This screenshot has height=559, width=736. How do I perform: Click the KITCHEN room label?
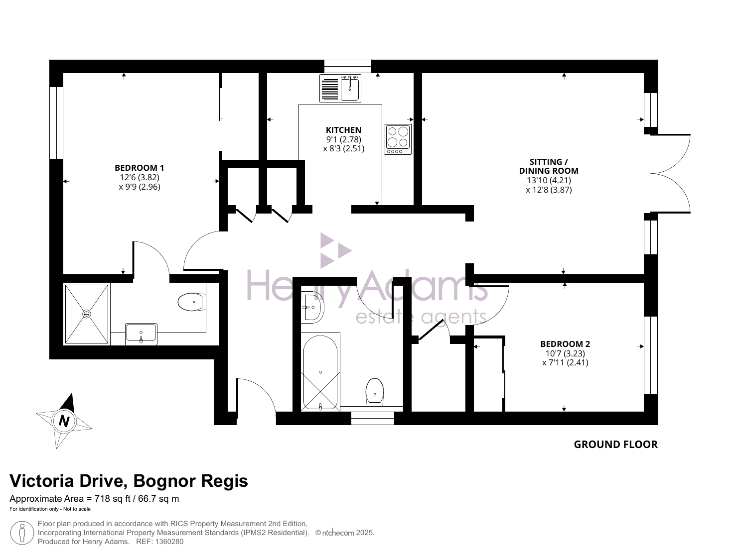click(x=343, y=130)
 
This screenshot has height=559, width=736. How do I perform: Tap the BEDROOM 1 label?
click(x=139, y=168)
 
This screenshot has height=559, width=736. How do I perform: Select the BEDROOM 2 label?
click(x=565, y=344)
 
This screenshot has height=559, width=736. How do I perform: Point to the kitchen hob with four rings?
click(x=398, y=139)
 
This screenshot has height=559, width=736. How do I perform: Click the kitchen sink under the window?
click(x=340, y=89)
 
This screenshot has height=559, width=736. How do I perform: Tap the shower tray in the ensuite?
click(x=87, y=314)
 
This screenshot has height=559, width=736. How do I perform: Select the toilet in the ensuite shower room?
click(x=192, y=302)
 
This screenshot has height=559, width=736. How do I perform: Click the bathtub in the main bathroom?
click(x=320, y=372)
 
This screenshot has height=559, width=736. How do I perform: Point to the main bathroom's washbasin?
click(x=312, y=307)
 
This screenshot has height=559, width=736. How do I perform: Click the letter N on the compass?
click(x=64, y=421)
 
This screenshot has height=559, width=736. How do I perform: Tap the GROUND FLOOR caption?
click(x=615, y=445)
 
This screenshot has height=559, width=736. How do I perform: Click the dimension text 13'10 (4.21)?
click(x=549, y=180)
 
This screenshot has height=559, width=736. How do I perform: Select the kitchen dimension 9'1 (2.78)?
click(x=343, y=139)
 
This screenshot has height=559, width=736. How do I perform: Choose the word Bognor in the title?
click(x=164, y=482)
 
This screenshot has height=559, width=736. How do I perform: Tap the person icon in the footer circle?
click(x=22, y=533)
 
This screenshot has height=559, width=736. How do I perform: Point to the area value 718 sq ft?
click(x=112, y=499)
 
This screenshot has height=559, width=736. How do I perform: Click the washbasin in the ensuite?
click(x=141, y=334)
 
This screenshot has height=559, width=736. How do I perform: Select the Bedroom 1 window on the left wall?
click(x=56, y=122)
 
